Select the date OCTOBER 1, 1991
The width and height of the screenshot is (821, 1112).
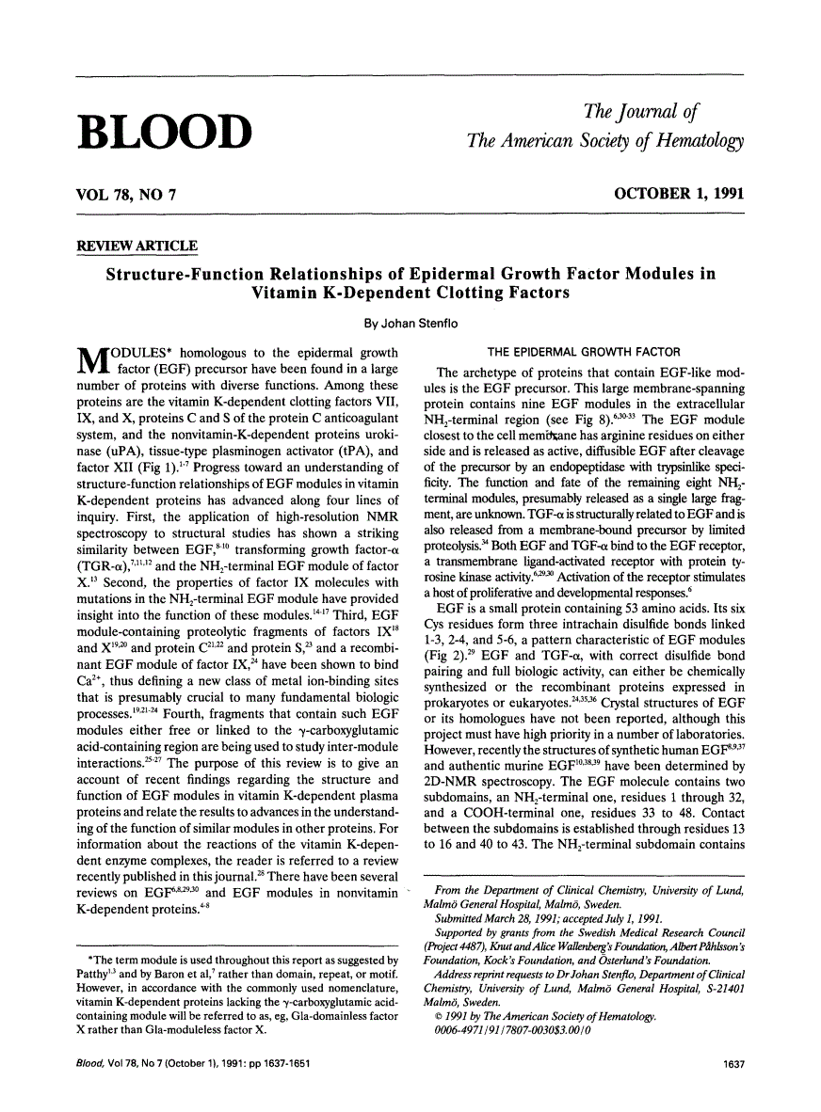click(x=678, y=195)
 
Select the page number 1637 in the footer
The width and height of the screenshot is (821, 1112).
click(x=731, y=1084)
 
